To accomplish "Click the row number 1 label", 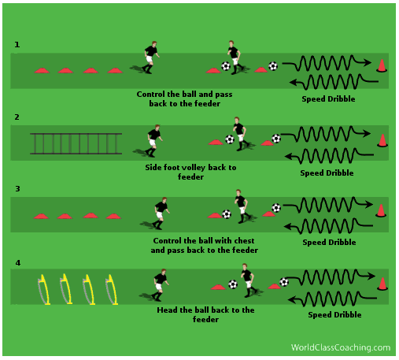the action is pyautogui.click(x=17, y=45).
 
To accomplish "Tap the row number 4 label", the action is pyautogui.click(x=18, y=263).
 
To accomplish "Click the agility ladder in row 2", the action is pyautogui.click(x=76, y=143).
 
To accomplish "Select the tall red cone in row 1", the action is pyautogui.click(x=382, y=65).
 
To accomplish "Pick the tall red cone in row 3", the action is pyautogui.click(x=381, y=210).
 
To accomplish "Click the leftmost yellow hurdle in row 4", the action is pyautogui.click(x=44, y=290).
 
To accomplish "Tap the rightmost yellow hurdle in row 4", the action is pyautogui.click(x=112, y=290).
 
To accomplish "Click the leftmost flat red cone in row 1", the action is pyautogui.click(x=42, y=70).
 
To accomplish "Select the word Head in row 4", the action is pyautogui.click(x=167, y=310).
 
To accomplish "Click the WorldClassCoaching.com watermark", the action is pyautogui.click(x=341, y=347).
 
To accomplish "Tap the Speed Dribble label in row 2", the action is pyautogui.click(x=327, y=173).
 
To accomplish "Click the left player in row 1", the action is pyautogui.click(x=150, y=58).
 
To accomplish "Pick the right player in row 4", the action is pyautogui.click(x=248, y=280).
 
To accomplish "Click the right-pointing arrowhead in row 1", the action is pyautogui.click(x=368, y=62).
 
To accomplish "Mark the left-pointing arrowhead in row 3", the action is pyautogui.click(x=288, y=226).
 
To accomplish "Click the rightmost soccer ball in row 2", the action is pyautogui.click(x=276, y=139).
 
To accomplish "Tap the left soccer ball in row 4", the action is pyautogui.click(x=233, y=284).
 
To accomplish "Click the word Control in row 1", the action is pyautogui.click(x=151, y=95).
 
